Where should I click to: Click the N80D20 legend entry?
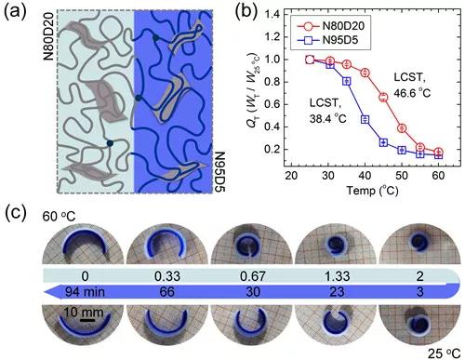(x=330, y=26)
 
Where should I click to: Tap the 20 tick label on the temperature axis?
(x=291, y=176)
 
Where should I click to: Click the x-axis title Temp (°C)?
(x=372, y=191)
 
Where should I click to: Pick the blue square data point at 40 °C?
(x=365, y=119)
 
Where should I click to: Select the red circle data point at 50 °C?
(x=402, y=128)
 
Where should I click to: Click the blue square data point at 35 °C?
(x=347, y=81)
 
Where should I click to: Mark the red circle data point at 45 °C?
(x=383, y=97)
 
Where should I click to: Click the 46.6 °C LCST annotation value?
(x=412, y=93)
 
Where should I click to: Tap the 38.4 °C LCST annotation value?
(x=327, y=118)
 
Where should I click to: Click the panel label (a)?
(x=15, y=12)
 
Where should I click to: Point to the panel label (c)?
(x=16, y=212)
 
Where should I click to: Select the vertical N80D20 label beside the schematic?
(x=49, y=36)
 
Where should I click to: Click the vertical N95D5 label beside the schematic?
(x=219, y=172)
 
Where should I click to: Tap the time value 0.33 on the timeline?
(x=167, y=275)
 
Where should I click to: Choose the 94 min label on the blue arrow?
(x=85, y=292)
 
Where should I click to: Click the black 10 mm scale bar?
(x=88, y=319)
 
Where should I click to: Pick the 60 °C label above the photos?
(x=59, y=216)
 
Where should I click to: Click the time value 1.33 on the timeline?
(x=338, y=275)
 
